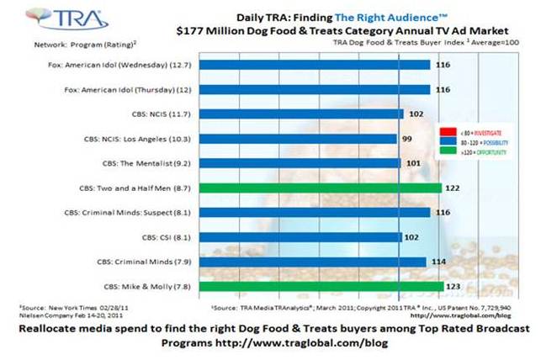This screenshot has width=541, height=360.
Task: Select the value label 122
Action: tap(453, 189)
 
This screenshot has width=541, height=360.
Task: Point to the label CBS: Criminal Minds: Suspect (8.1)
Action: tap(127, 214)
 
